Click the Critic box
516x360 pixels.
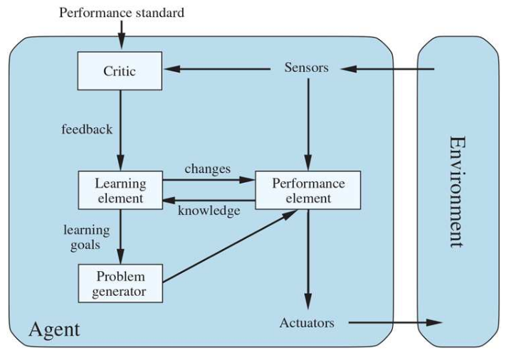pyautogui.click(x=120, y=70)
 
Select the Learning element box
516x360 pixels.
pyautogui.click(x=120, y=190)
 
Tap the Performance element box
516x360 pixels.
pyautogui.click(x=308, y=190)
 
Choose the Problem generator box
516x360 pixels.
pyautogui.click(x=120, y=283)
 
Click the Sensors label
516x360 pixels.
pyautogui.click(x=306, y=68)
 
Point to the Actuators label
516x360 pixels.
pyautogui.click(x=307, y=323)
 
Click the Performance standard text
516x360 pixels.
pyautogui.click(x=121, y=12)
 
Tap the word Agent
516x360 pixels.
pyautogui.click(x=54, y=329)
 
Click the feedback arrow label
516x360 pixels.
pyautogui.click(x=87, y=129)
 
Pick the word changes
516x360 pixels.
pyautogui.click(x=207, y=169)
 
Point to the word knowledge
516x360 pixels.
pyautogui.click(x=209, y=211)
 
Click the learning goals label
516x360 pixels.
pyautogui.click(x=87, y=237)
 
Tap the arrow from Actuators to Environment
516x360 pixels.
pyautogui.click(x=395, y=323)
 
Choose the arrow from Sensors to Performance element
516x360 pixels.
pyautogui.click(x=308, y=121)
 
